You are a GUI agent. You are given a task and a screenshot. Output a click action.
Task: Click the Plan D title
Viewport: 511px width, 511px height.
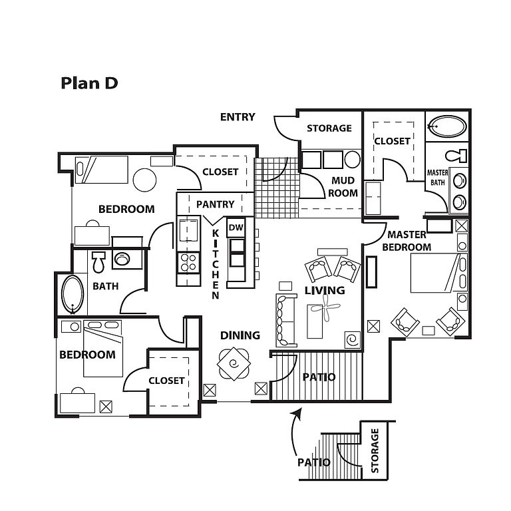89,83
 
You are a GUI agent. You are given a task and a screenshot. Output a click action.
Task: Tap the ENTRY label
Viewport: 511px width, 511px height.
238,117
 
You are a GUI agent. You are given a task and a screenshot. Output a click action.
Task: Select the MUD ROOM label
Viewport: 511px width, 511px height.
343,187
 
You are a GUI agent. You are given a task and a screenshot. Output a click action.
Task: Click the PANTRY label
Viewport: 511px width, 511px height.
216,204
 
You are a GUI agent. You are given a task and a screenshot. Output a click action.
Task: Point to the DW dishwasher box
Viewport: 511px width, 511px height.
236,228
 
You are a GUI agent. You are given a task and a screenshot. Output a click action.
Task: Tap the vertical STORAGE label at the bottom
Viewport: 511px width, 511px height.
375,450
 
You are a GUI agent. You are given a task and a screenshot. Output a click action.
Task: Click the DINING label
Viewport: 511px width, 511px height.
240,335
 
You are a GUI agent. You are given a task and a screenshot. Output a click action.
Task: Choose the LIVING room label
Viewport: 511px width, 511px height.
325,290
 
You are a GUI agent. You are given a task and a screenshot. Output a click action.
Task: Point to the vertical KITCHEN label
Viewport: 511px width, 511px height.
216,264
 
